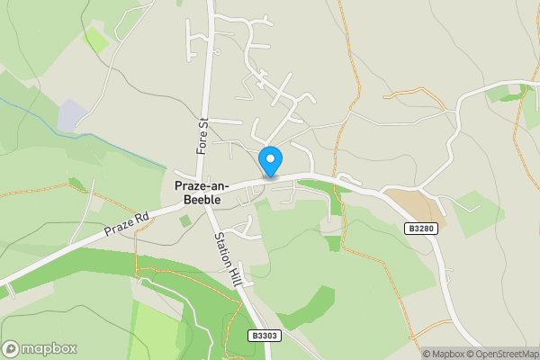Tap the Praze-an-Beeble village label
[x=202, y=192]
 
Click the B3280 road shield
[x=421, y=229]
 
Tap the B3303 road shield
[x=265, y=336]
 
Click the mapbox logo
[x=40, y=349]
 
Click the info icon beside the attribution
[x=415, y=354]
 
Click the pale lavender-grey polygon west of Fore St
[x=72, y=115]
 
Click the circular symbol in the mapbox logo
[x=11, y=349]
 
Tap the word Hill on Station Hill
[x=235, y=269]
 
